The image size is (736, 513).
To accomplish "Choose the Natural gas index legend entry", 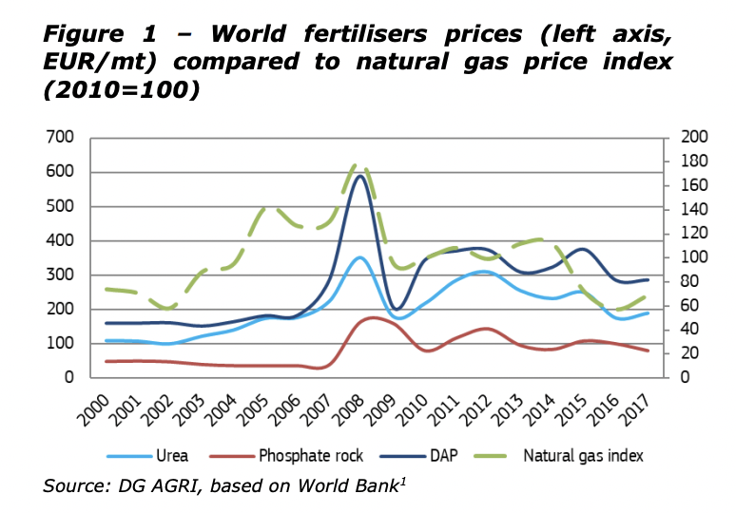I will (583, 455).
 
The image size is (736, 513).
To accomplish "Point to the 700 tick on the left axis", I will (62, 138).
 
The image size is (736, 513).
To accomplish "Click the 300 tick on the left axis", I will (62, 275).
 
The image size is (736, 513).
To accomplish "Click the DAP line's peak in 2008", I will (359, 176).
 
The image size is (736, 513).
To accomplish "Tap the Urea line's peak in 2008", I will (358, 257).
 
